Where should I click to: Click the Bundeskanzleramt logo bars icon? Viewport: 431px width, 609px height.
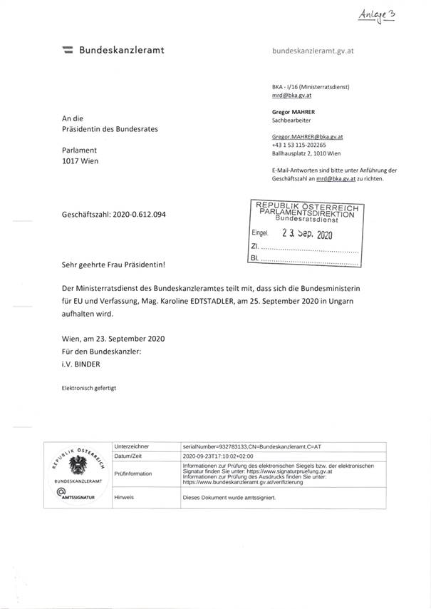pos(68,51)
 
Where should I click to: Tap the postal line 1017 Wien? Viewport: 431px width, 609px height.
pos(81,161)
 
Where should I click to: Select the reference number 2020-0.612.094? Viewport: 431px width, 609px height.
pos(137,214)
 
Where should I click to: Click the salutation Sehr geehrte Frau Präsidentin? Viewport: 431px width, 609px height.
pos(113,265)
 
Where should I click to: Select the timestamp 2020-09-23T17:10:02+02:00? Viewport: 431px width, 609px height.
pos(224,455)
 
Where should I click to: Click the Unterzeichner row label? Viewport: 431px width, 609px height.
pos(131,445)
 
